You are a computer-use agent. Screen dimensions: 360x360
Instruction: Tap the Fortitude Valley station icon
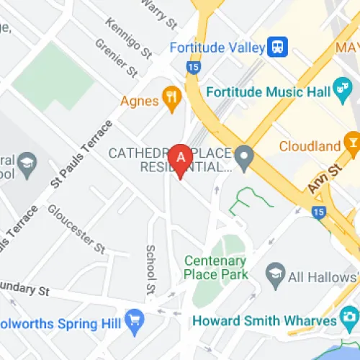[x=276, y=48]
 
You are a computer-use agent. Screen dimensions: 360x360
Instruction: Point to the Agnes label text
[x=139, y=99]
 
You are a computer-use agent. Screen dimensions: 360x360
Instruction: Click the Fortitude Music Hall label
[x=268, y=93]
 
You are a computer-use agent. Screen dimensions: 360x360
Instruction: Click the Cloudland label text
[x=310, y=146]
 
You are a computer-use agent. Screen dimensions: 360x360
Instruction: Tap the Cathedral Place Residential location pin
[x=245, y=155]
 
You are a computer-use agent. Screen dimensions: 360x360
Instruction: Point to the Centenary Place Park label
[x=215, y=267]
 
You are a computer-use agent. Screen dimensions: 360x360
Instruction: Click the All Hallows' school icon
[x=274, y=273]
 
